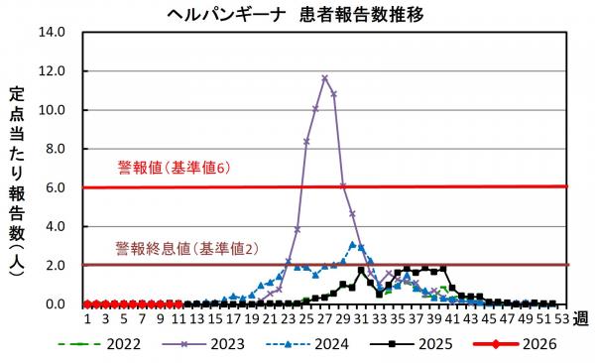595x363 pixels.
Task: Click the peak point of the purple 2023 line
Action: (324, 77)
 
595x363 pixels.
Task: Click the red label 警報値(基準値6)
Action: (174, 169)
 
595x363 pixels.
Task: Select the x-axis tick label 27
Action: (324, 318)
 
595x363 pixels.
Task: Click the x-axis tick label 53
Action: (561, 318)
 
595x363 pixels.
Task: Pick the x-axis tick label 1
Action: (87, 318)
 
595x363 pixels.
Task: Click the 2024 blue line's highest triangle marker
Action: (352, 244)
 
